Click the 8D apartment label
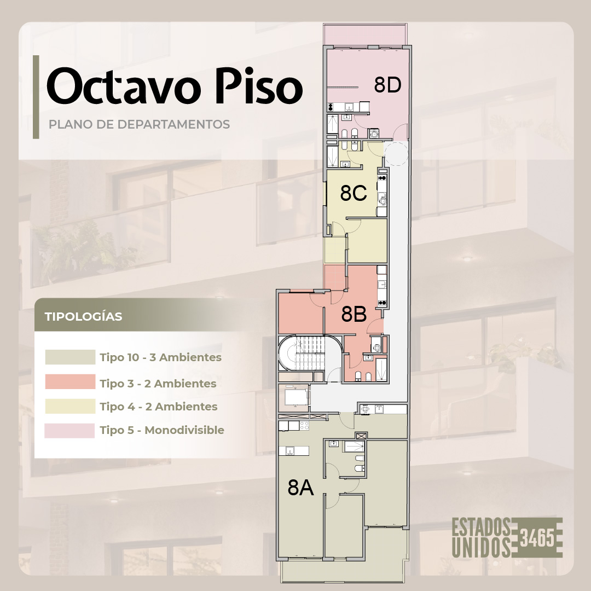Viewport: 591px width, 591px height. tap(387, 85)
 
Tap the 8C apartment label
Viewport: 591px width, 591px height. tap(353, 193)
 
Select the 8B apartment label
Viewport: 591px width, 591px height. tap(354, 314)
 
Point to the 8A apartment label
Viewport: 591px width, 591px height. tap(300, 488)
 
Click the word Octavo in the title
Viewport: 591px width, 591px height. tap(123, 86)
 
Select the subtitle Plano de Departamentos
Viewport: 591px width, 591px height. tap(139, 124)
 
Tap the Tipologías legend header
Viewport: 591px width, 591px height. tap(83, 316)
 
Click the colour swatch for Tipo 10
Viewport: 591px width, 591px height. tap(70, 357)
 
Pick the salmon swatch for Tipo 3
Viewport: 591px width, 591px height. tap(70, 381)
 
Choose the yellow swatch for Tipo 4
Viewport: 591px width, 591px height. tap(70, 406)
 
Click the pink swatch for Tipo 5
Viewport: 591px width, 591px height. tap(69, 431)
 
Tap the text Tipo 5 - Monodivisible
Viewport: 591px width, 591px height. tap(162, 430)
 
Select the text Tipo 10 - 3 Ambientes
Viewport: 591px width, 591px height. tap(160, 357)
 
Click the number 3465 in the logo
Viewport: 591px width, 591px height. tap(537, 537)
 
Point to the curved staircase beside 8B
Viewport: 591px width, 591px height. tap(302, 353)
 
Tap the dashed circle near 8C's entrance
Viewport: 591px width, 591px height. tap(396, 153)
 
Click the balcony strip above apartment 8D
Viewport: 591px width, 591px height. tap(365, 34)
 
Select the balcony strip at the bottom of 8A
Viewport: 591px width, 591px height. tap(343, 572)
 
